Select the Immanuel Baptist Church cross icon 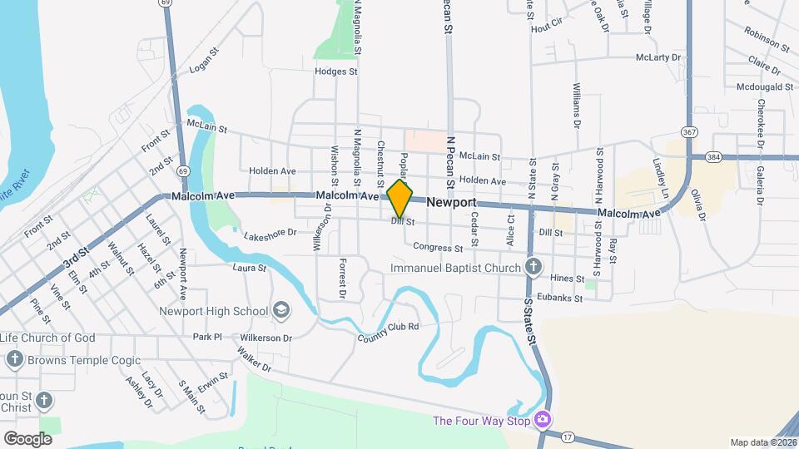(533, 268)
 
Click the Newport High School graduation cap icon (281, 311)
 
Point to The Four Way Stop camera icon (543, 419)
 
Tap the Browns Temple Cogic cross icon (14, 359)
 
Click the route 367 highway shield (688, 132)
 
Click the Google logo (27, 438)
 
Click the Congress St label (438, 248)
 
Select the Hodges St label (335, 72)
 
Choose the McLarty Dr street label (658, 57)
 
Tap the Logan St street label (203, 61)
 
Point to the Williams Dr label (576, 105)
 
